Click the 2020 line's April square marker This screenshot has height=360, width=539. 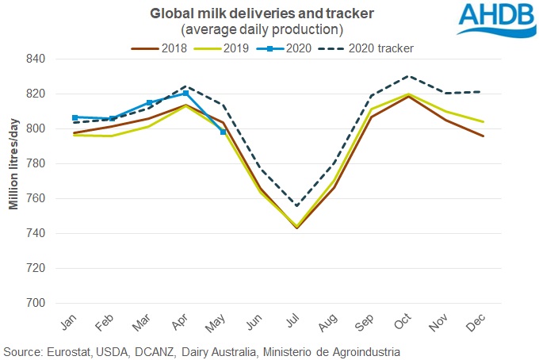coord(185,93)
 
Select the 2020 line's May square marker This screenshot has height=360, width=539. coord(223,132)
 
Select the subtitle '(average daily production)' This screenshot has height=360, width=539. coord(262,29)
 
